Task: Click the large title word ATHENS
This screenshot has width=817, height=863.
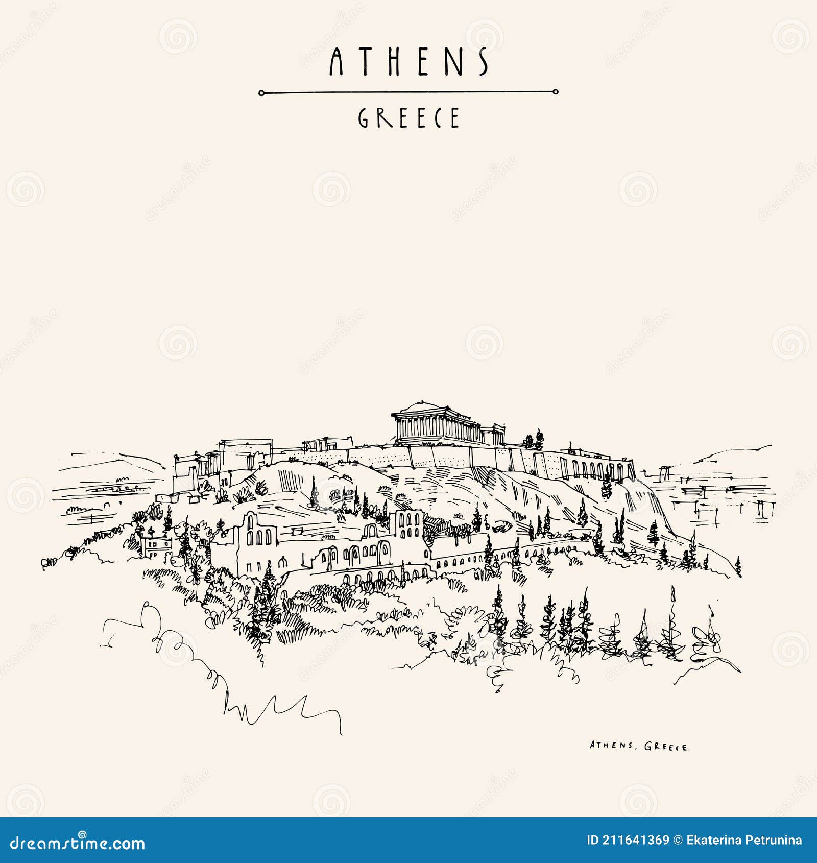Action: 408,62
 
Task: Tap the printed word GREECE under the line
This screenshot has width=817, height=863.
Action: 408,118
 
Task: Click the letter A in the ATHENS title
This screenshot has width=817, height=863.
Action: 335,62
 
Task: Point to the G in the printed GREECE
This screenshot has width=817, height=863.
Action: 363,118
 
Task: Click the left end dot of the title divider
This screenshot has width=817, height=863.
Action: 261,93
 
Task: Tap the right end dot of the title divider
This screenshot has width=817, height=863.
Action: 556,92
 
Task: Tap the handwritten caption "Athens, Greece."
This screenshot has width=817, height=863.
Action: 639,746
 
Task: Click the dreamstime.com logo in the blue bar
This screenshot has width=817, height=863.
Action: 78,843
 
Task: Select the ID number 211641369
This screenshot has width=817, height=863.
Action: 635,841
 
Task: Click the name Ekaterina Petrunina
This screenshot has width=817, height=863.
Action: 744,841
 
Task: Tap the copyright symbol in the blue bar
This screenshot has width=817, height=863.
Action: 678,841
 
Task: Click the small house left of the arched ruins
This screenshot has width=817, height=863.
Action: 157,547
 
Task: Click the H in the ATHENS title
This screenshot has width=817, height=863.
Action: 394,62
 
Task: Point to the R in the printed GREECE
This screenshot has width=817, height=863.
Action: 383,118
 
